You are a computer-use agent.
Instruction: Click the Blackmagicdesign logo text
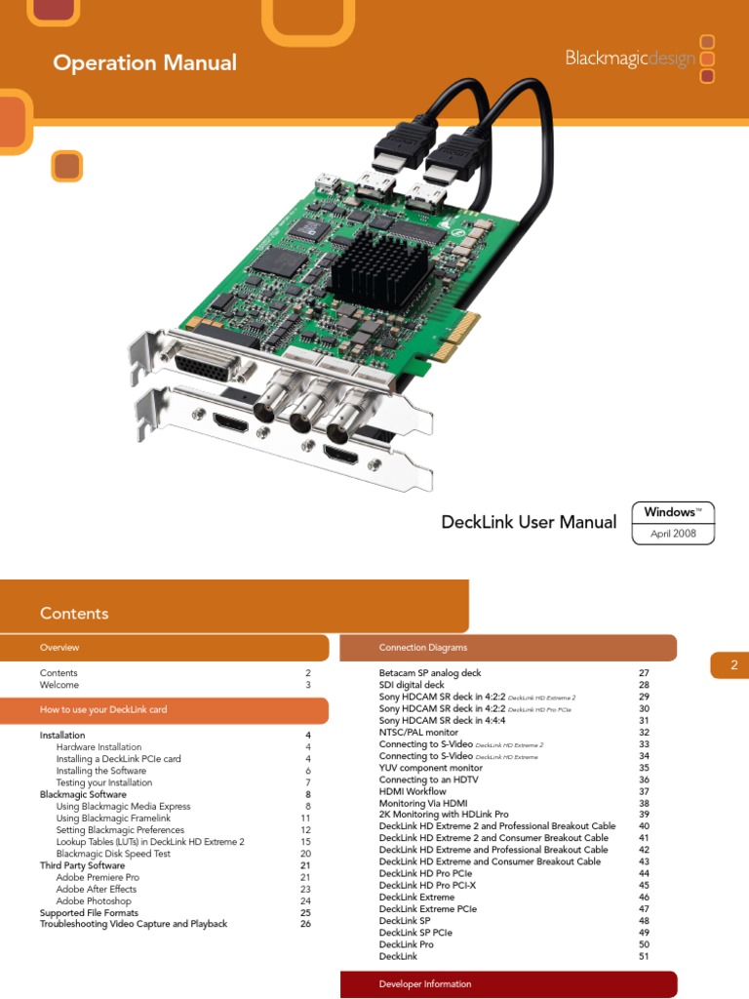coord(630,60)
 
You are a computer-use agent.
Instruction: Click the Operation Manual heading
coord(144,63)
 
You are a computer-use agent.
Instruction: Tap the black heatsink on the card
coord(376,261)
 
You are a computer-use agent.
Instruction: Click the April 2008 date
coord(673,534)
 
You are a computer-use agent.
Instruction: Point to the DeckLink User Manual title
coord(529,522)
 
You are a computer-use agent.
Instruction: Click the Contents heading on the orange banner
coord(74,614)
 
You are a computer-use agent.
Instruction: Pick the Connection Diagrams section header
coord(422,648)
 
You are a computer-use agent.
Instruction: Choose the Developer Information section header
coord(424,984)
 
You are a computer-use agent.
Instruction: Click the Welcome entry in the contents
coord(59,685)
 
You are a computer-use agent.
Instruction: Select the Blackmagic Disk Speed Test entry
coord(113,854)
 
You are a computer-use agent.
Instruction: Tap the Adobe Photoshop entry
coord(94,900)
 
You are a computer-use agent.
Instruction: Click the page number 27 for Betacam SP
coord(644,673)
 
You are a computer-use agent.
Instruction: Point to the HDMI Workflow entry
coord(413,791)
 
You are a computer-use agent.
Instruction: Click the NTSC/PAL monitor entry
coord(418,732)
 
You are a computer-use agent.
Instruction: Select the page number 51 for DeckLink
coord(644,956)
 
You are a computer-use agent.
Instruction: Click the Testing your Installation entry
coord(104,782)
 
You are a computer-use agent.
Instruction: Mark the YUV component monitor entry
coord(431,768)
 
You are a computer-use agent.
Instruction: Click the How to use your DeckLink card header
coord(103,709)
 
